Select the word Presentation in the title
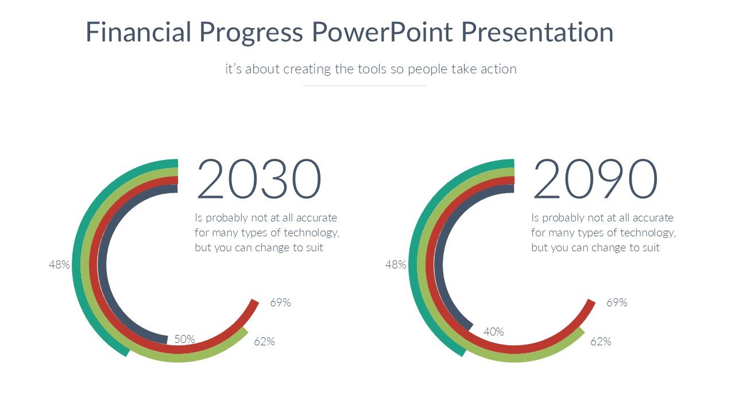pyautogui.click(x=537, y=32)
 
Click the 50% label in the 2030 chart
pyautogui.click(x=185, y=339)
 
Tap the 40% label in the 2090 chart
pyautogui.click(x=494, y=332)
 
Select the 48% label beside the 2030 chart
pyautogui.click(x=59, y=265)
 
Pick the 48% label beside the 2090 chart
pyautogui.click(x=396, y=265)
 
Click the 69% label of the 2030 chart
pyautogui.click(x=280, y=302)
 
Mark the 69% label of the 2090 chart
pyautogui.click(x=617, y=302)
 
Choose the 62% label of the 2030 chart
pyautogui.click(x=264, y=342)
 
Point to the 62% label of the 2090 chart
pyautogui.click(x=601, y=342)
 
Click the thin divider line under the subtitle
pyautogui.click(x=364, y=85)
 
